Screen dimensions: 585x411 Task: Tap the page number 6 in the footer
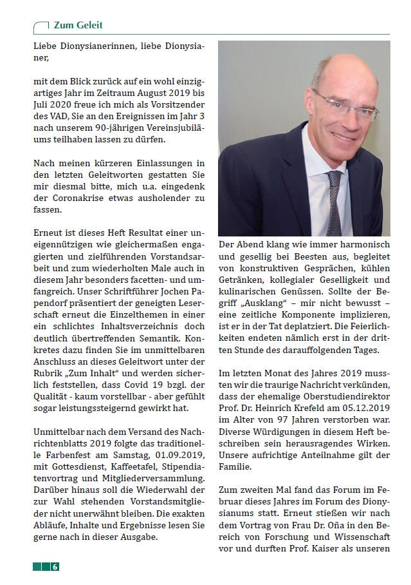pos(55,567)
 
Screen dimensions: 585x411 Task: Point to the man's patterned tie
pos(334,200)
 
